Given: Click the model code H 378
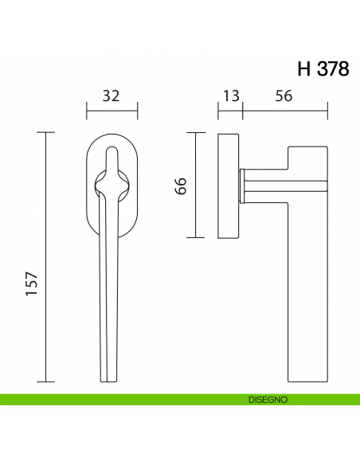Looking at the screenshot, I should (323, 69).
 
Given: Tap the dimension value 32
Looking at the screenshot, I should (112, 96).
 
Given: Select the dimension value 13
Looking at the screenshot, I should (230, 96).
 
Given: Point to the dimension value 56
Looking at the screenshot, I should (283, 96).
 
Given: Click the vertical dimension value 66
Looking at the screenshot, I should (180, 186).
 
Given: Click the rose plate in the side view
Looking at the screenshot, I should (228, 185).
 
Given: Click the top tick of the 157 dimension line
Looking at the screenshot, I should (46, 132).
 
